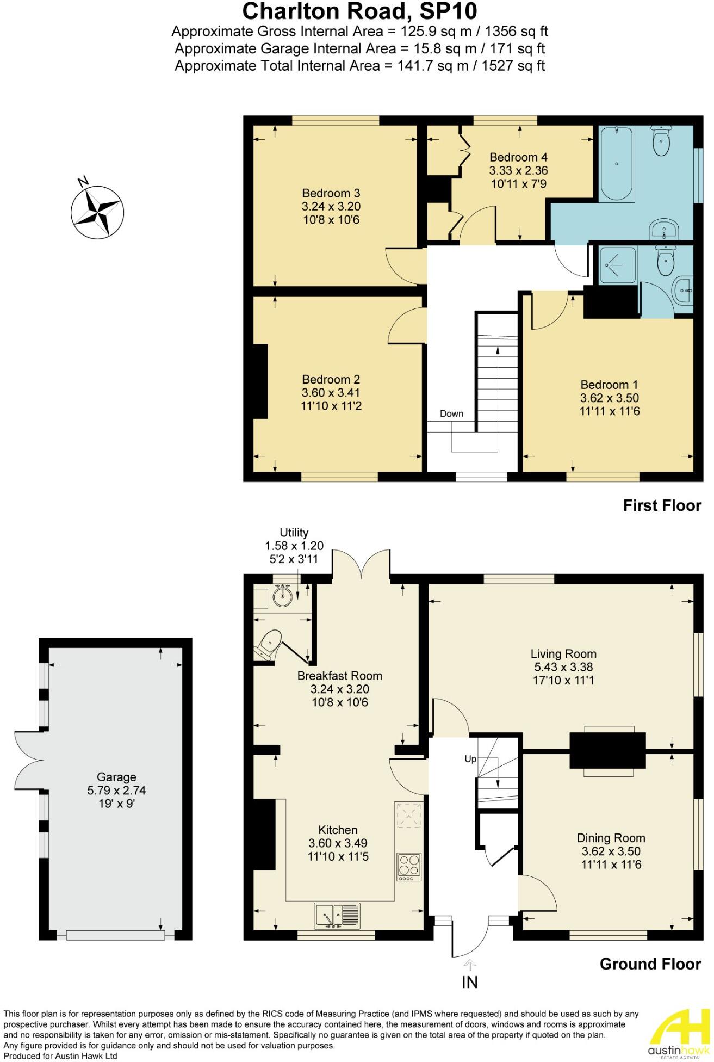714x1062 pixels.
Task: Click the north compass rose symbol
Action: click(97, 211)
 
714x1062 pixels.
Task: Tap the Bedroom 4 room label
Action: click(514, 157)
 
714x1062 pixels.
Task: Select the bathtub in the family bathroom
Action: click(616, 163)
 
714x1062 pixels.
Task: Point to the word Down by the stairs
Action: click(451, 413)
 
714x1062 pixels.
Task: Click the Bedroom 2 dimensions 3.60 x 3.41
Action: click(331, 393)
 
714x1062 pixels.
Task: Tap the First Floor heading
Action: click(662, 505)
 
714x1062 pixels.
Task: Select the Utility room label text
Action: click(294, 533)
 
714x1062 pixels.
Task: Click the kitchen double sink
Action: click(337, 915)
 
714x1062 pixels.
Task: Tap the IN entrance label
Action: click(469, 983)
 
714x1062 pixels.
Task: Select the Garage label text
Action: click(116, 777)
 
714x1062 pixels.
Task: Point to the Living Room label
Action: click(563, 653)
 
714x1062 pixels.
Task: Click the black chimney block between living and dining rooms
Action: click(607, 750)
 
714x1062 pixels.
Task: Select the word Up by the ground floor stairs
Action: click(470, 758)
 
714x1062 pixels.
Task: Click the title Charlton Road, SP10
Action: click(359, 11)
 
